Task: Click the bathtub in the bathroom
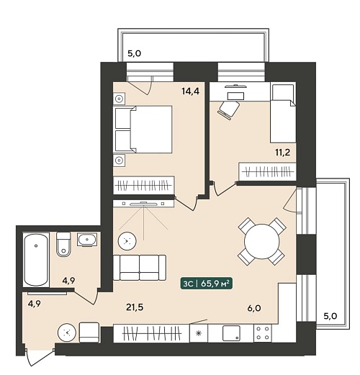click(x=36, y=260)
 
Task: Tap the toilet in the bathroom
click(x=63, y=244)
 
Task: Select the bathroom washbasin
click(x=87, y=239)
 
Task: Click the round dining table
click(x=262, y=241)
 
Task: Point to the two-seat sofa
click(x=140, y=268)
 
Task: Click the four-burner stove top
click(x=263, y=333)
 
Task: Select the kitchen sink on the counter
click(x=231, y=333)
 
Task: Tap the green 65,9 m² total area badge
click(x=207, y=284)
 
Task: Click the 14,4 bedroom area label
click(x=191, y=91)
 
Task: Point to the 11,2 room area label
click(x=282, y=152)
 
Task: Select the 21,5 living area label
click(x=135, y=307)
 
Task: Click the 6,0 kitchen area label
click(x=254, y=308)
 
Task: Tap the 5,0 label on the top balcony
click(x=134, y=53)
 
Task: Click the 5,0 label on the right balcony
click(x=330, y=316)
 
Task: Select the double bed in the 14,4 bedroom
click(x=144, y=129)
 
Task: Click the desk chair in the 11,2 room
click(x=228, y=109)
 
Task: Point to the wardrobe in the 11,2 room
click(x=267, y=171)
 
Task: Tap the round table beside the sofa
click(x=127, y=240)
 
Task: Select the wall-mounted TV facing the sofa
click(x=143, y=204)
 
